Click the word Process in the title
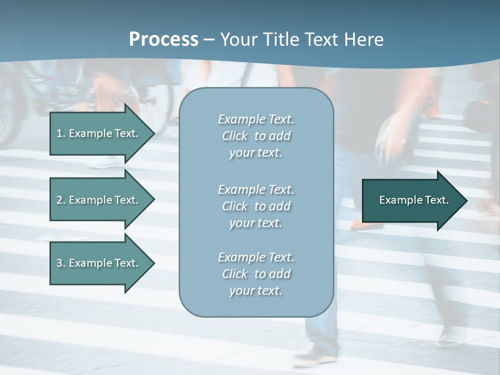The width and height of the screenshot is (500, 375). [164, 40]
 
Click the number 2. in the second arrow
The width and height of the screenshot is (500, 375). [60, 200]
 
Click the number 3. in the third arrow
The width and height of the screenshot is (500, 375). [60, 263]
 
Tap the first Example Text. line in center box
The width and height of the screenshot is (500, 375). [256, 119]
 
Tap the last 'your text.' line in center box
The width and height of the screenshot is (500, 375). [256, 291]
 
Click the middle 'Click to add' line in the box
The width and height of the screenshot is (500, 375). [256, 206]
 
